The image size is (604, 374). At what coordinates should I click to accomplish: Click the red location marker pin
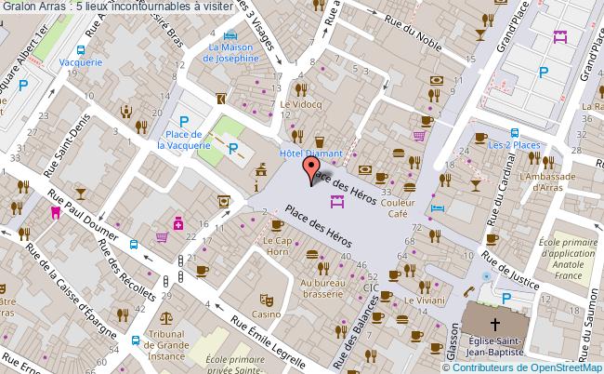click(310, 171)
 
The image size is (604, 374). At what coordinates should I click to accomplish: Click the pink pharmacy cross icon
click(177, 222)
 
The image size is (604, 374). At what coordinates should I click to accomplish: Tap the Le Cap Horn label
click(284, 248)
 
